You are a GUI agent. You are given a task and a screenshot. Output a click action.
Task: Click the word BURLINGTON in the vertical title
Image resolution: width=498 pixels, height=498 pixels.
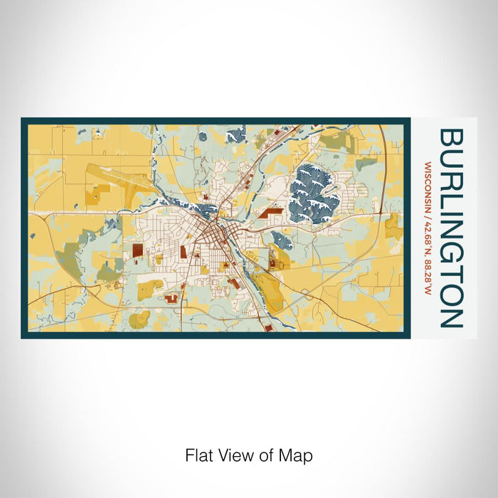click(x=451, y=228)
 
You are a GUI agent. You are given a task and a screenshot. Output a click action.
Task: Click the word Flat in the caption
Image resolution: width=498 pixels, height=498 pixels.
click(x=200, y=455)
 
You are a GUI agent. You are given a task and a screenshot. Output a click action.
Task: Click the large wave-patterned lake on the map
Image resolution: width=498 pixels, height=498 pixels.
click(x=314, y=191)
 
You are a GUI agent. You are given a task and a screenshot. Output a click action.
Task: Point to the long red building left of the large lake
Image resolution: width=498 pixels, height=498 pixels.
click(x=270, y=211)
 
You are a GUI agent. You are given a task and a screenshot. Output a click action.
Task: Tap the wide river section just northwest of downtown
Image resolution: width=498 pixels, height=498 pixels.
click(x=202, y=209)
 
